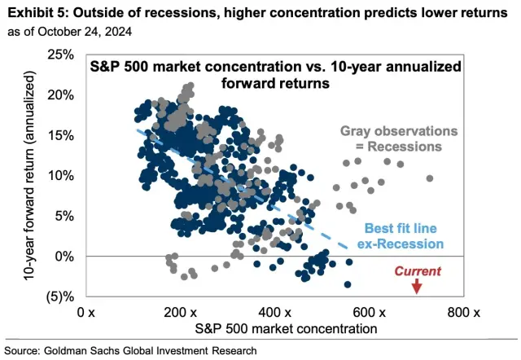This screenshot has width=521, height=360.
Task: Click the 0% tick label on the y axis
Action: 64,257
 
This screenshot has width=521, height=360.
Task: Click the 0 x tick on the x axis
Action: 86,313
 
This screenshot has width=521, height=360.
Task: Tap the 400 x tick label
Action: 275,313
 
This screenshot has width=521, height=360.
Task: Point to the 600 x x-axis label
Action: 370,313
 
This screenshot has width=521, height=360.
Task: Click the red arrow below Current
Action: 417,286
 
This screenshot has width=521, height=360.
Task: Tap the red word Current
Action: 417,271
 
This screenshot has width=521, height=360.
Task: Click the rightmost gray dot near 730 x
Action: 430,178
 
